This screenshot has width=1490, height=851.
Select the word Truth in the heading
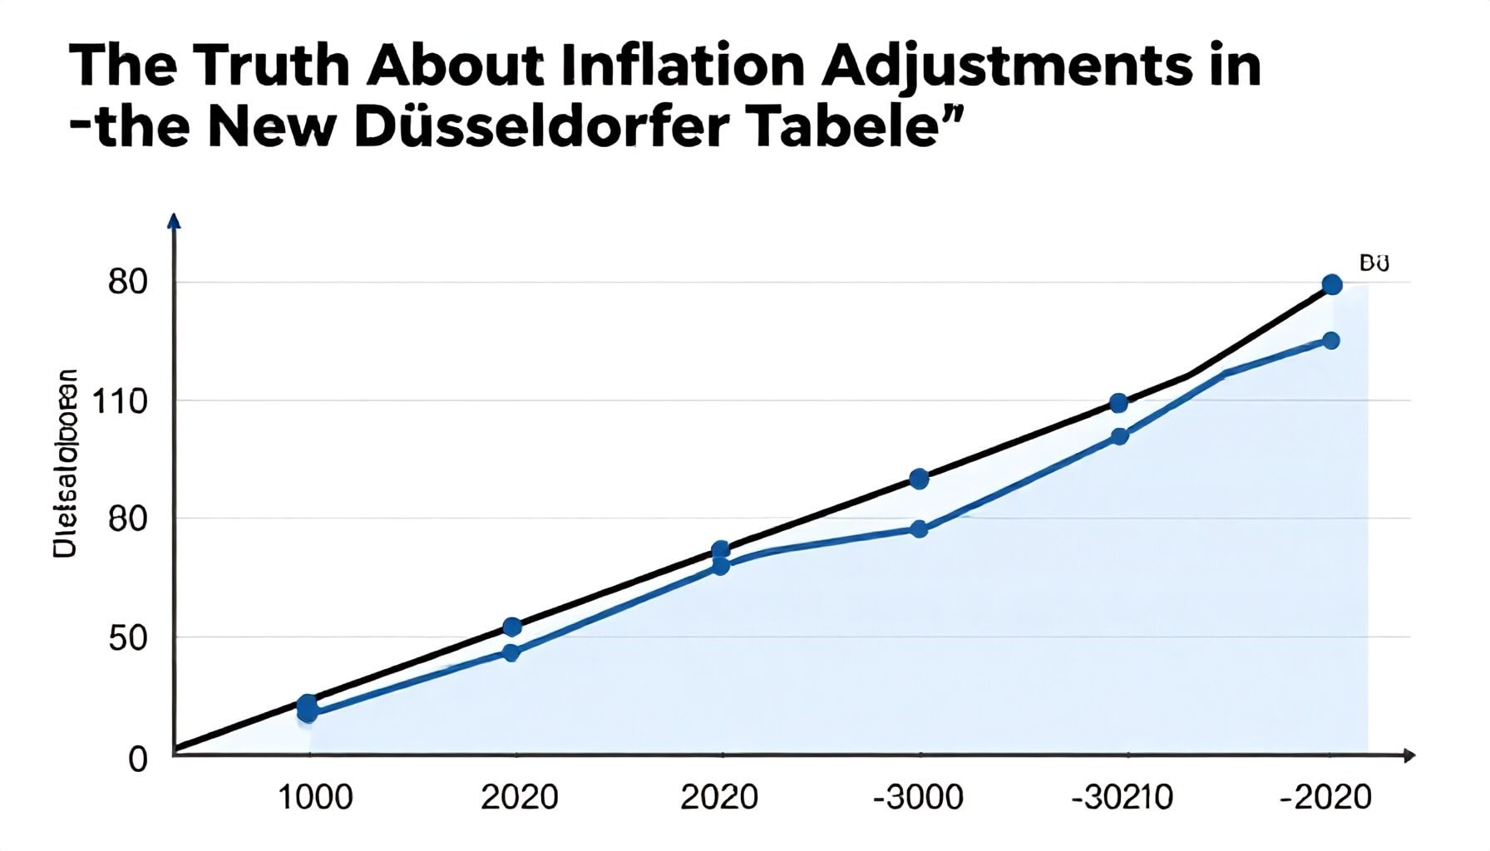270,66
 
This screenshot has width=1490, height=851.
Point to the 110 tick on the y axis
120,402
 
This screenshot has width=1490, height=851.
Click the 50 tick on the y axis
128,638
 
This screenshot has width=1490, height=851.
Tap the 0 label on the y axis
138,759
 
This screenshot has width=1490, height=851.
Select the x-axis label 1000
314,798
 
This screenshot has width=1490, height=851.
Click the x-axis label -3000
918,798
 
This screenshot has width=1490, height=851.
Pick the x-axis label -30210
1122,798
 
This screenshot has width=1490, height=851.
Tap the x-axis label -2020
1325,798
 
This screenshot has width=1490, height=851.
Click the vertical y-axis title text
66,463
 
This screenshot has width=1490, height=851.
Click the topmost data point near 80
1332,285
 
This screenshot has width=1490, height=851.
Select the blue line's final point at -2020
1331,341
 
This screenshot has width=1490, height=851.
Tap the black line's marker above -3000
919,479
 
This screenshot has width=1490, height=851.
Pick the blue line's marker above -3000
919,529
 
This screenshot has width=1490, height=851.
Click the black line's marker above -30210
1119,403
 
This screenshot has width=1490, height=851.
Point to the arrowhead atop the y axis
174,220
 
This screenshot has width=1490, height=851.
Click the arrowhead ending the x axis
1409,755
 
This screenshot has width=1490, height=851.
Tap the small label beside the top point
1374,264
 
